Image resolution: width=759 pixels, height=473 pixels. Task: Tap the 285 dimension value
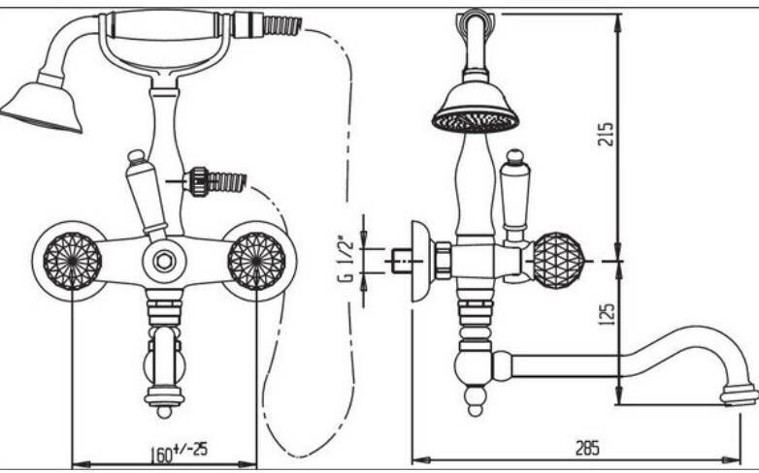586,447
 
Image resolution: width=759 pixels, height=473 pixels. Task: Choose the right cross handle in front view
256,260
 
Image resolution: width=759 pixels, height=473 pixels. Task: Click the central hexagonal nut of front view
165,260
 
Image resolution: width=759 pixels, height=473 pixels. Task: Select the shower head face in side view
476,121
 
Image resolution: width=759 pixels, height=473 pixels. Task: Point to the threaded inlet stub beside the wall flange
399,261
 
